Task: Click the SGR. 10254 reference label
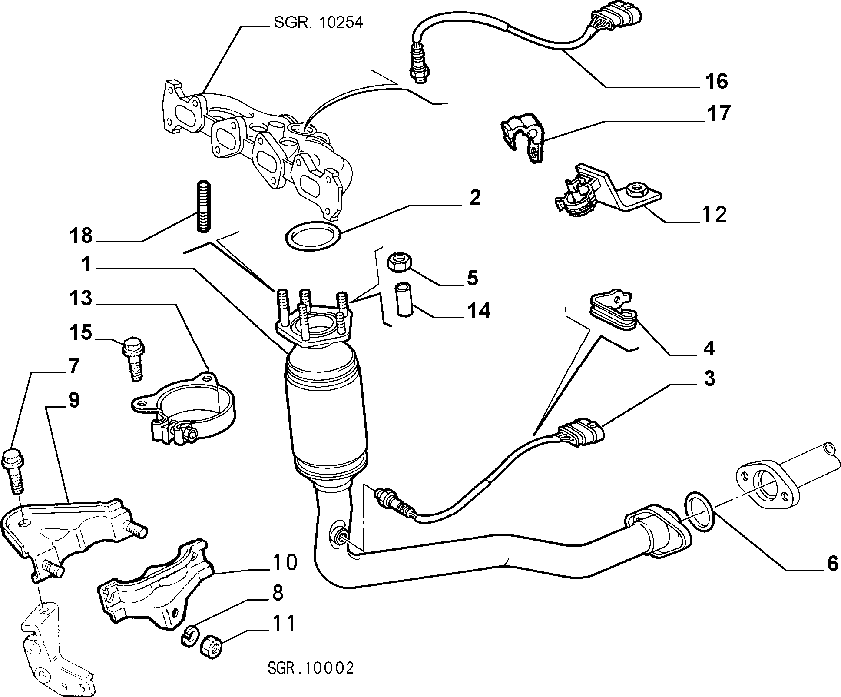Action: coord(318,22)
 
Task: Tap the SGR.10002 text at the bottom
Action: coord(311,668)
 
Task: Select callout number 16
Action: coord(716,81)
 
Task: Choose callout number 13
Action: coord(81,299)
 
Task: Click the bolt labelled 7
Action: coord(14,472)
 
